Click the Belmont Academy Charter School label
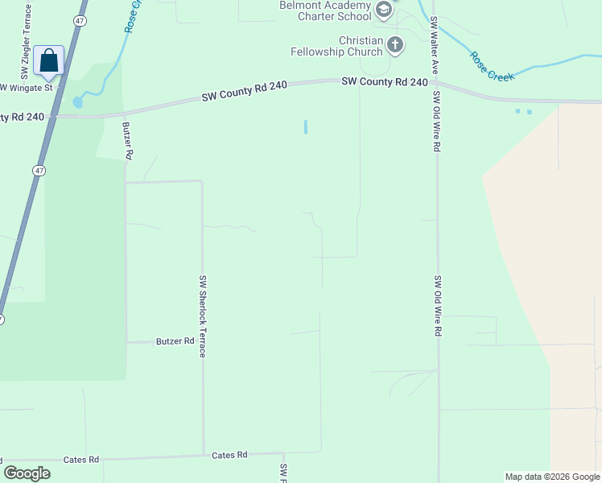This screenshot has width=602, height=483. pyautogui.click(x=325, y=10)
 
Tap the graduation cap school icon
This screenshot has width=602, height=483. pyautogui.click(x=384, y=10)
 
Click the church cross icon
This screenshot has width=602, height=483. pyautogui.click(x=394, y=45)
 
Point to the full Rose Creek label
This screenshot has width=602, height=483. pyautogui.click(x=491, y=66)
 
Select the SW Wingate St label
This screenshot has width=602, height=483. pyautogui.click(x=27, y=87)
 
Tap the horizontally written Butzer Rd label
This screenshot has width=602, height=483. pyautogui.click(x=176, y=341)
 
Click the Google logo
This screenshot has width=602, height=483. pyautogui.click(x=27, y=473)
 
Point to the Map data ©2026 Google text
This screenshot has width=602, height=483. pyautogui.click(x=552, y=477)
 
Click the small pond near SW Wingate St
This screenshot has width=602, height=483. pyautogui.click(x=77, y=102)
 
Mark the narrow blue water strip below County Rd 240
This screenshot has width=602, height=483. pyautogui.click(x=306, y=126)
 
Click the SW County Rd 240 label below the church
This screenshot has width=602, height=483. pyautogui.click(x=385, y=81)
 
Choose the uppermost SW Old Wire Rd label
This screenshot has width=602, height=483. pyautogui.click(x=436, y=122)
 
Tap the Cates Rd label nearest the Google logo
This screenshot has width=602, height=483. pyautogui.click(x=83, y=460)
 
